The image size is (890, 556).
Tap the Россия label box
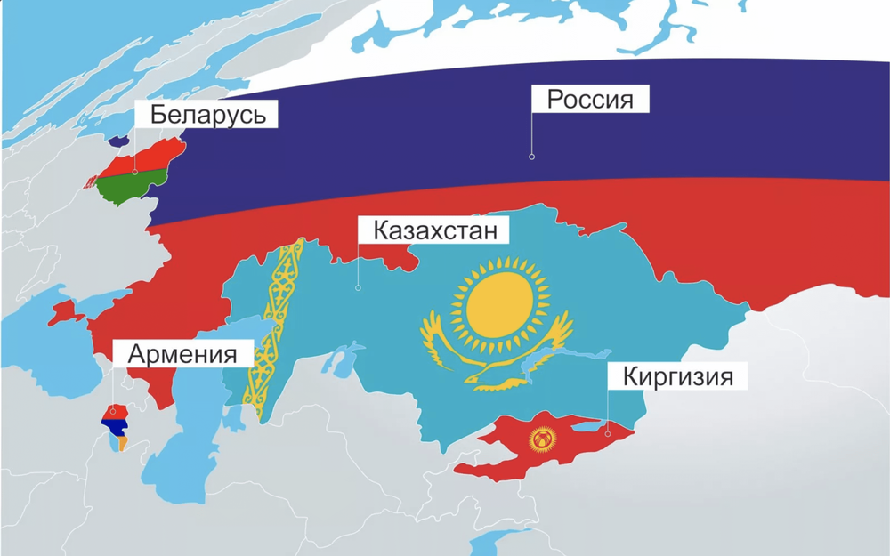click(589, 99)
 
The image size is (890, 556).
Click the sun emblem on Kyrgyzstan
click(541, 439)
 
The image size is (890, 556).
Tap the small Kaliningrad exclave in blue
click(117, 141)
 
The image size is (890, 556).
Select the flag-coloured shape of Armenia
click(117, 424)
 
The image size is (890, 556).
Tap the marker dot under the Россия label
click(531, 157)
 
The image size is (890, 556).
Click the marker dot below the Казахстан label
click(358, 287)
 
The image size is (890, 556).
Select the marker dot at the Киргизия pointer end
click(607, 434)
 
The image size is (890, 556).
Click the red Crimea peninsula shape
click(64, 312)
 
